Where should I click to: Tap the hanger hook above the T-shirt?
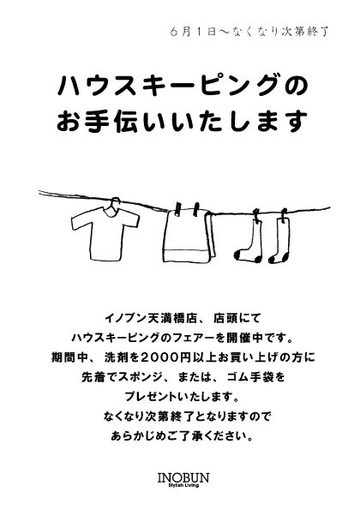(113, 202)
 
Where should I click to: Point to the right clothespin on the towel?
(195, 208)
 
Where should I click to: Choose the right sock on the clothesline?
(279, 241)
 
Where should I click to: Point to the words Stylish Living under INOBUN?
(183, 486)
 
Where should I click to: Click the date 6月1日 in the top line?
(193, 33)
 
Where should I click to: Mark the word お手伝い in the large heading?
(105, 122)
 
